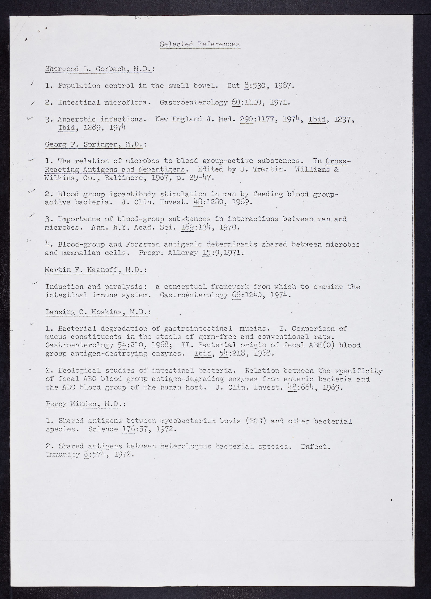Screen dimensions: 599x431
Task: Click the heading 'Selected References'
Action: click(200, 44)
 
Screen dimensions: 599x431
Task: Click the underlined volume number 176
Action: click(129, 429)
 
